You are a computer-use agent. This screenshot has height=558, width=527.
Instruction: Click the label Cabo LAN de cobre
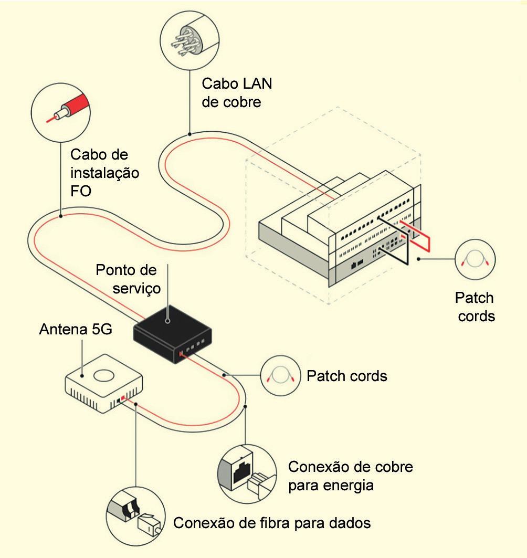[237, 93]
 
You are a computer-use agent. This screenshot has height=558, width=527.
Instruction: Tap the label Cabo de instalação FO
[104, 173]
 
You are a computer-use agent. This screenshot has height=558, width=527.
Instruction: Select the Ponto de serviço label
[128, 279]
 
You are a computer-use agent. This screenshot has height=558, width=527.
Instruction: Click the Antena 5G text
[76, 329]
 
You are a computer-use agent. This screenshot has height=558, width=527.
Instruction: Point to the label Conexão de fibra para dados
[272, 523]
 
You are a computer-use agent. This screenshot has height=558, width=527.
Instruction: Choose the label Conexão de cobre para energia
[351, 476]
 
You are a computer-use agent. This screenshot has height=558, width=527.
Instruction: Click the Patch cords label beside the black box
[347, 376]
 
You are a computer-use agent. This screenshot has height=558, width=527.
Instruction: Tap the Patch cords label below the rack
[475, 307]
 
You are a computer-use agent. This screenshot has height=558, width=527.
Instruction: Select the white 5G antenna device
[104, 383]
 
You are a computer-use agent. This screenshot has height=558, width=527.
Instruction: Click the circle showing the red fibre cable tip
[60, 113]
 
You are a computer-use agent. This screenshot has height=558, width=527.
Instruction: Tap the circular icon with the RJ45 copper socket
[247, 474]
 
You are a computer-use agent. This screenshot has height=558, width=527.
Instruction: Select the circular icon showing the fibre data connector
[135, 516]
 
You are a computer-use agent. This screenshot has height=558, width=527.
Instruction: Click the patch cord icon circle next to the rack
[475, 259]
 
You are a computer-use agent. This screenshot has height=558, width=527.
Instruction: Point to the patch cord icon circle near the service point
[281, 375]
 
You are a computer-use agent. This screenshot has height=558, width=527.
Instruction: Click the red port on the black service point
[181, 353]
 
